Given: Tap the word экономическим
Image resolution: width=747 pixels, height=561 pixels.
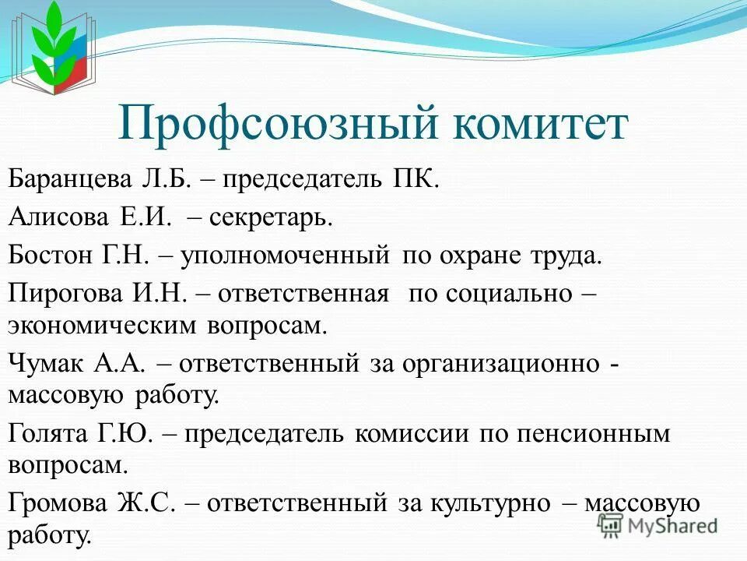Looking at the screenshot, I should [x=102, y=325].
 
